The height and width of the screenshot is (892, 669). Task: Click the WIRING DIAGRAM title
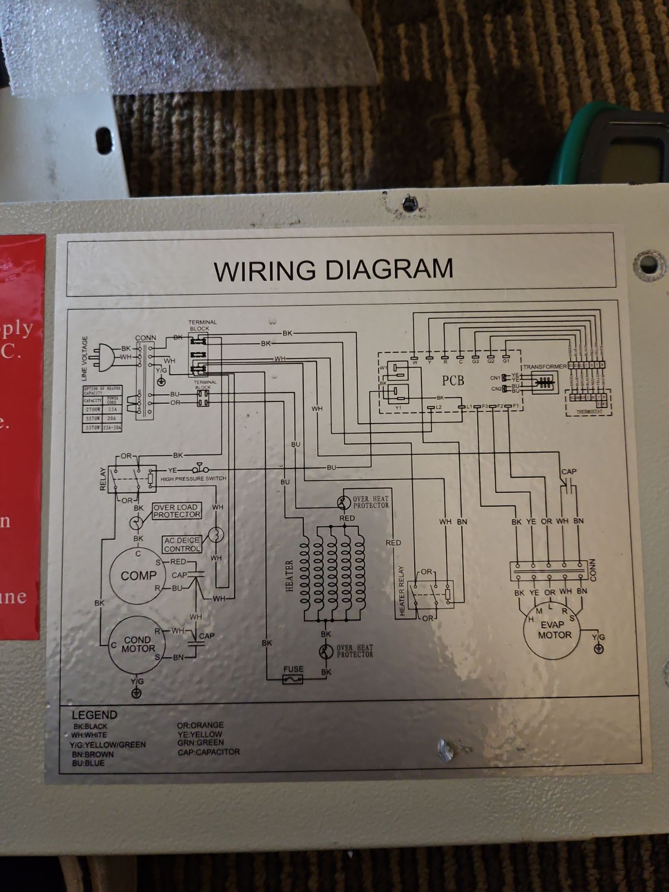tap(333, 269)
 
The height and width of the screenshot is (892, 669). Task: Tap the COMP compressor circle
tap(138, 575)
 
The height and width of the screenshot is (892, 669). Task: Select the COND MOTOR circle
tap(138, 644)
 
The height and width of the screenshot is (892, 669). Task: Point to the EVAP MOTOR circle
tap(554, 630)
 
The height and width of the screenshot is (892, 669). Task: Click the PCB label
tap(453, 381)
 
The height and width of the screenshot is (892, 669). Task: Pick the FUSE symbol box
tap(293, 680)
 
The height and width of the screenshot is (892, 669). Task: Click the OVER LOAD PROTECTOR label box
tap(176, 511)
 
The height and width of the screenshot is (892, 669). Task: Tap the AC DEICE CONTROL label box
tap(182, 545)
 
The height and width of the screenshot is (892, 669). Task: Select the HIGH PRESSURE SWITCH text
tap(193, 479)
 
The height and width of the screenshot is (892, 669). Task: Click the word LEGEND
tap(94, 715)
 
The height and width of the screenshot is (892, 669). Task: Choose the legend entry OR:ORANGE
tap(200, 725)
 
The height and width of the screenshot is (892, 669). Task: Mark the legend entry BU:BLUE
tap(88, 763)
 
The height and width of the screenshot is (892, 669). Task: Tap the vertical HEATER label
tap(289, 576)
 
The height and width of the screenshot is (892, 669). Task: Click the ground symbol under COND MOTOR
tap(136, 693)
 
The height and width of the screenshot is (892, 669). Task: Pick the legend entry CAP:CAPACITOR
tap(209, 752)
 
